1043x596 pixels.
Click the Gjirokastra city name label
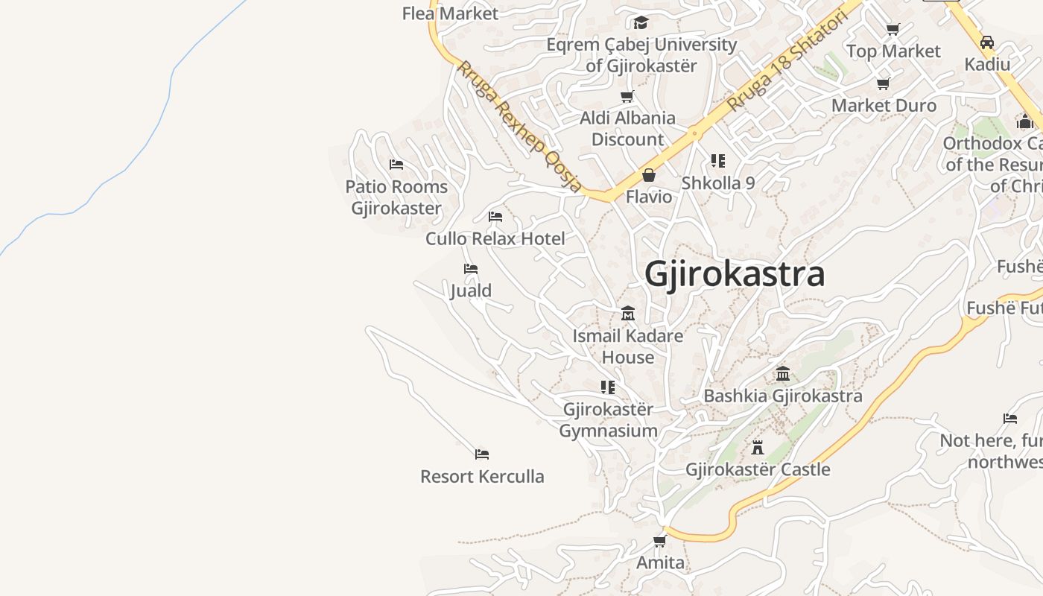735,274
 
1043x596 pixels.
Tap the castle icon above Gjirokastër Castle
758,447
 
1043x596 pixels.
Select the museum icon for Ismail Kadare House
628,313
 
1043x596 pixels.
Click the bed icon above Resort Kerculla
482,454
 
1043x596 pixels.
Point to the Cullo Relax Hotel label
495,238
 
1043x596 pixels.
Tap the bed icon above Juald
470,269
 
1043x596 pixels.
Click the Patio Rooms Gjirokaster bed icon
396,164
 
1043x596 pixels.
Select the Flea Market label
450,13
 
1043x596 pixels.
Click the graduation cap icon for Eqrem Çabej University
641,22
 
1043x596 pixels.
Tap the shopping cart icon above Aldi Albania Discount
627,96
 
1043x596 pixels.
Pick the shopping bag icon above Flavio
649,175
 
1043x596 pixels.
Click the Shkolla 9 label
718,183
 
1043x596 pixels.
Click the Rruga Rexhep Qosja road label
519,127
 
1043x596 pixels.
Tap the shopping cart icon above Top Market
893,29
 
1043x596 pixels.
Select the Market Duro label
884,105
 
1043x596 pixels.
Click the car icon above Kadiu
987,42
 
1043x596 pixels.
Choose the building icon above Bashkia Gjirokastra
783,373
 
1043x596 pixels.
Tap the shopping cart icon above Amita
659,541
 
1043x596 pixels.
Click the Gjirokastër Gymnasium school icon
608,387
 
